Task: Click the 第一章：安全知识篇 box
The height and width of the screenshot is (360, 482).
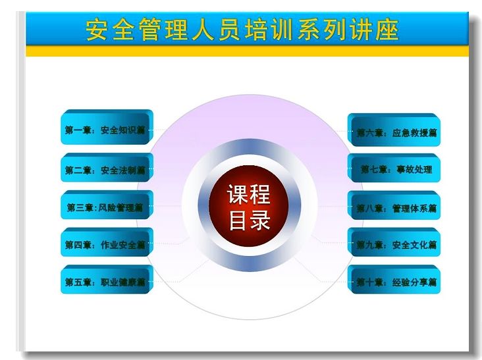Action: [x=107, y=127]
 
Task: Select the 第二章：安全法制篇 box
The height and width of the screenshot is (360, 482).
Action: [x=107, y=167]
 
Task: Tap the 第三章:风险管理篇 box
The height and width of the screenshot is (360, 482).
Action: [x=107, y=205]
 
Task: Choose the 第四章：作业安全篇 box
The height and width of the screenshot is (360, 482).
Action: [x=107, y=242]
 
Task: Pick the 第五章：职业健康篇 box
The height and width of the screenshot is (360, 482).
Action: [x=107, y=280]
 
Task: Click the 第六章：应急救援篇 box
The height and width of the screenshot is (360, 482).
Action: [x=394, y=130]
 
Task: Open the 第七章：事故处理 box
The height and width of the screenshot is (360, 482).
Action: [x=394, y=168]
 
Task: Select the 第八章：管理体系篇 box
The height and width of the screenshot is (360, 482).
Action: [x=394, y=205]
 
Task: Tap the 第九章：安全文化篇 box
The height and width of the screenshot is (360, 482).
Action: [x=394, y=242]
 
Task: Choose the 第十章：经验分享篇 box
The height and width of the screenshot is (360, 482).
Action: [x=394, y=280]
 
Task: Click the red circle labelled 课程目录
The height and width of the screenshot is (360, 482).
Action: [x=249, y=206]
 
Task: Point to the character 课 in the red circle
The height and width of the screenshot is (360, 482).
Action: [x=238, y=194]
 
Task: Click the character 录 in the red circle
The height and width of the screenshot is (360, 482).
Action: [x=259, y=220]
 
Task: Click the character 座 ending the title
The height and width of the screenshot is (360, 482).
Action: [x=388, y=30]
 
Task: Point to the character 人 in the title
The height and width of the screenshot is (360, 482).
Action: [x=203, y=30]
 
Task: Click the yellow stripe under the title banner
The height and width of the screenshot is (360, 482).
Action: [x=247, y=51]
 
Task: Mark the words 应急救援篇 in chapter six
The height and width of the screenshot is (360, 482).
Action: [x=414, y=133]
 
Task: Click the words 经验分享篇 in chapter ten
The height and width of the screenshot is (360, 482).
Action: [x=414, y=282]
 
